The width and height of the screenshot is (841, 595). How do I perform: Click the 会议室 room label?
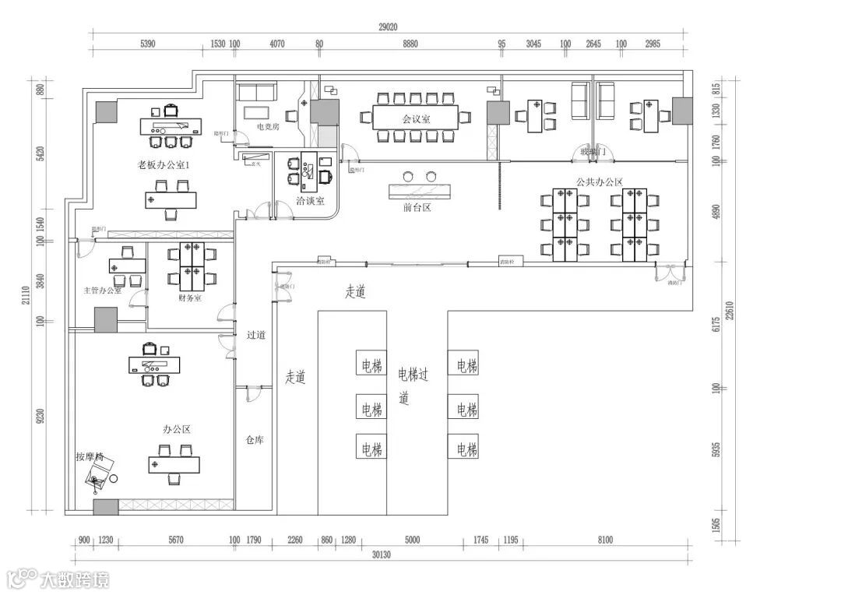pyautogui.click(x=417, y=119)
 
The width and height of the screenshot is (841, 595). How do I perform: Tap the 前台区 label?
pyautogui.click(x=417, y=208)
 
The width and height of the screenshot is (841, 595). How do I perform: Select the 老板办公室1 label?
pyautogui.click(x=164, y=165)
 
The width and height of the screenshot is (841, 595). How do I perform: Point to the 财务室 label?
pyautogui.click(x=190, y=297)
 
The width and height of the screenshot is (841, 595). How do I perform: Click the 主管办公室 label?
pyautogui.click(x=103, y=290)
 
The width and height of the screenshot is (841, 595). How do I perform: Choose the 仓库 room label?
pyautogui.click(x=255, y=440)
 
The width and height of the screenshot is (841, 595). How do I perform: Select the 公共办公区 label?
pyautogui.click(x=600, y=181)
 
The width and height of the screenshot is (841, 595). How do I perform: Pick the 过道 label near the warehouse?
pyautogui.click(x=256, y=336)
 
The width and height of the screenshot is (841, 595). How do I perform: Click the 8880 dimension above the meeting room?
pyautogui.click(x=410, y=44)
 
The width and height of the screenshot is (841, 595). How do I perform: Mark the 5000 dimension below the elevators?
pyautogui.click(x=412, y=540)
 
